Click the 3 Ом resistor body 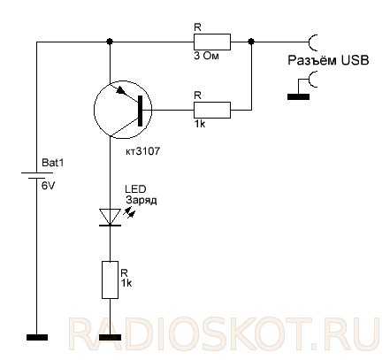pos(212,42)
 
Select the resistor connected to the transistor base pos(212,111)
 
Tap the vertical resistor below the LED pos(110,280)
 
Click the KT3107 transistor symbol pos(123,110)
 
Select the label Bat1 pos(53,163)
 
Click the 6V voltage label pos(48,186)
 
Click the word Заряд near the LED pos(141,200)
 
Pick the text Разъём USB pos(328,60)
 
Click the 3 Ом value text pos(206,56)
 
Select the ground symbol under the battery pos(37,338)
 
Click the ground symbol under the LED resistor pos(110,338)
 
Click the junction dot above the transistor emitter pos(110,42)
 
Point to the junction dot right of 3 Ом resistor pos(251,42)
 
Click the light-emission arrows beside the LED pos(130,211)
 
